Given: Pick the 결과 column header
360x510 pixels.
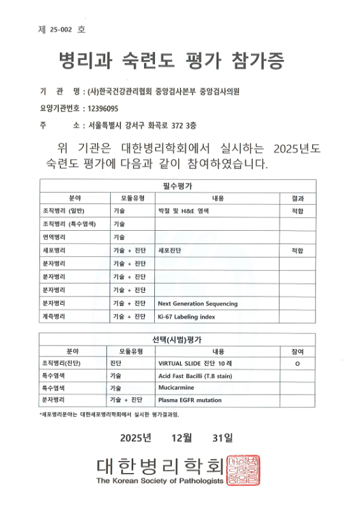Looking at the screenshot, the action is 297,198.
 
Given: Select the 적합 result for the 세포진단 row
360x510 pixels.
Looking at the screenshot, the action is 297,251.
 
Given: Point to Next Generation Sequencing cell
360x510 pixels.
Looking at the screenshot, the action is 198,303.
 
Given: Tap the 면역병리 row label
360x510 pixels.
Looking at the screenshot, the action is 55,237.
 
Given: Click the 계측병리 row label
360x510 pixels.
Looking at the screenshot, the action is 55,317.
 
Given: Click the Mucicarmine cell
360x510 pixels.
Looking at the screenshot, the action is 176,388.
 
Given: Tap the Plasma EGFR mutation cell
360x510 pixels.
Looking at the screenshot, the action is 190,400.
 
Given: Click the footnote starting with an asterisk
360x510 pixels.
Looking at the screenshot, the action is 110,414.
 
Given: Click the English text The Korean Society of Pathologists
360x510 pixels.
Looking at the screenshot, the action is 160,481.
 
